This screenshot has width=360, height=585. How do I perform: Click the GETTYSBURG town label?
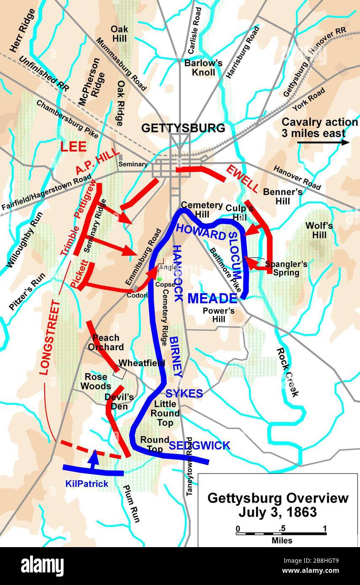(183, 128)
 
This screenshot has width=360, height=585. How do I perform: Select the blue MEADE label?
(212, 298)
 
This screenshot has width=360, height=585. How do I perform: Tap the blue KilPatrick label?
(87, 484)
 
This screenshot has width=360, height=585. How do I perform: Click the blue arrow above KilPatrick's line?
(95, 457)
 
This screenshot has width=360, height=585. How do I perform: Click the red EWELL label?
(242, 178)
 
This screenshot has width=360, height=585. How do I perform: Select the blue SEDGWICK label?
(200, 445)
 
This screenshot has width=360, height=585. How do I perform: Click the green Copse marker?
(160, 278)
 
